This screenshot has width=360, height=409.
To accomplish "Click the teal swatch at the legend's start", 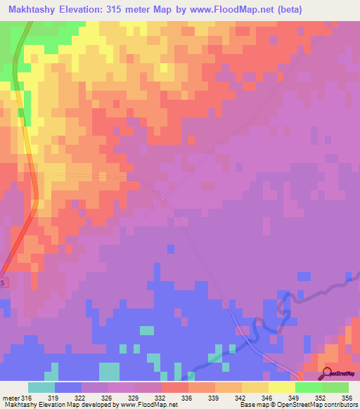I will point(41,387).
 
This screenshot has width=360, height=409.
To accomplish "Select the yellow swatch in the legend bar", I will point(281,387).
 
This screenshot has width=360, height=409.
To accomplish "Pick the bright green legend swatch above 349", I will point(308,387).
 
